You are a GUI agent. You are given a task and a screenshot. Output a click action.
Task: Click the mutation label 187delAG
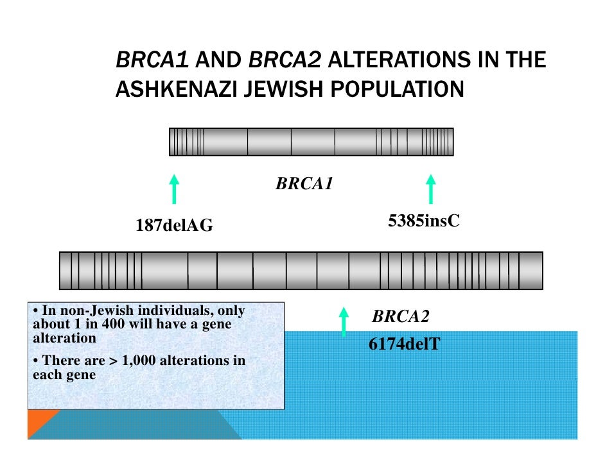173,226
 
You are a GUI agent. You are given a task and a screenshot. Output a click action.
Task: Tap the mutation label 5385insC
423,221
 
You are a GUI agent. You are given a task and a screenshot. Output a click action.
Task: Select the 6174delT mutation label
404,344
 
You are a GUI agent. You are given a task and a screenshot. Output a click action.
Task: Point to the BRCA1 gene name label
304,185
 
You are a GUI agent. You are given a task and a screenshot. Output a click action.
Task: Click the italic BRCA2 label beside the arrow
400,316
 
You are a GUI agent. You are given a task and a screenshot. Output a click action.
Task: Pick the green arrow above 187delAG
173,189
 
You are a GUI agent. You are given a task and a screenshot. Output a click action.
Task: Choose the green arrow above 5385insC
430,189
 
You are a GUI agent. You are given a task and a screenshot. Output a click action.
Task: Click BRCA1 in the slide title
152,60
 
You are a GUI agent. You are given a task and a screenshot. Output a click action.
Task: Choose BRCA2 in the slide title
285,60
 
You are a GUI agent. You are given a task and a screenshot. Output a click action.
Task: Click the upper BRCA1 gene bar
311,141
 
